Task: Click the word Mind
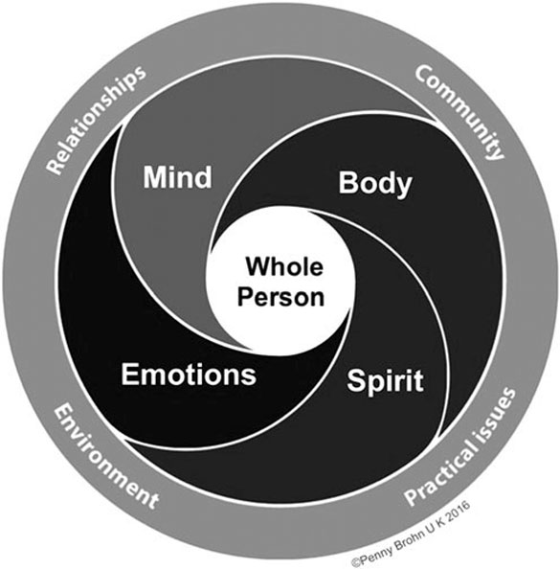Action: [x=177, y=176]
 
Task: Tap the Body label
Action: [x=375, y=184]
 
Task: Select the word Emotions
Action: [x=189, y=375]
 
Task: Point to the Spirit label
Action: [x=385, y=381]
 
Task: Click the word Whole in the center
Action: [x=284, y=266]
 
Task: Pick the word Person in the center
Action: [x=280, y=297]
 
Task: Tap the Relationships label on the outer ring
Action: [x=96, y=120]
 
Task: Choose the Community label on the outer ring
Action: [x=459, y=112]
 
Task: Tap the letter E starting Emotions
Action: [x=129, y=375]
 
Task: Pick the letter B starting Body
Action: [x=347, y=183]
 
